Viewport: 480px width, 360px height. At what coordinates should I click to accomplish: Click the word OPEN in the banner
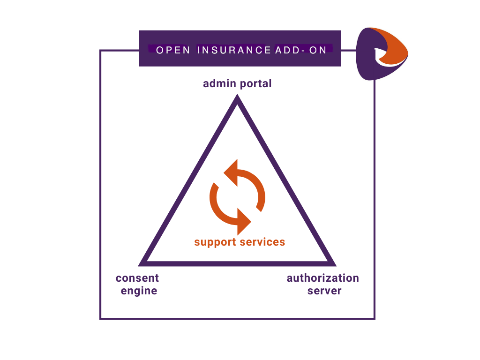click(x=173, y=50)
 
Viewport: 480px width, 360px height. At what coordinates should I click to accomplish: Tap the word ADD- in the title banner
click(x=287, y=50)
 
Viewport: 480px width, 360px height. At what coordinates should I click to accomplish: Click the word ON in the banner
click(x=318, y=50)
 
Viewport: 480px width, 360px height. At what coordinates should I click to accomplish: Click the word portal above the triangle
click(x=255, y=84)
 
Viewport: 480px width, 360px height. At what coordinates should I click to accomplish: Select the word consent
click(x=137, y=278)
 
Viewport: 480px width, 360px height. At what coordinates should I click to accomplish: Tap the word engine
click(x=139, y=291)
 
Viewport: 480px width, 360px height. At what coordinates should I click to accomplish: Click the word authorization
click(x=322, y=278)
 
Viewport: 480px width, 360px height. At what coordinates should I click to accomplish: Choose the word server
click(x=324, y=291)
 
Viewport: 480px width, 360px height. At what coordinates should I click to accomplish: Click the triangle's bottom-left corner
click(x=142, y=263)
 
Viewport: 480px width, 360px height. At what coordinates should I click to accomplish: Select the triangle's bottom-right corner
click(x=333, y=263)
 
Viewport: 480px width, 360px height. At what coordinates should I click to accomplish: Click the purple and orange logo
click(x=381, y=52)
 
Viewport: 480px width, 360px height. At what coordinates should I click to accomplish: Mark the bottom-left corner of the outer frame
click(x=100, y=319)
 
